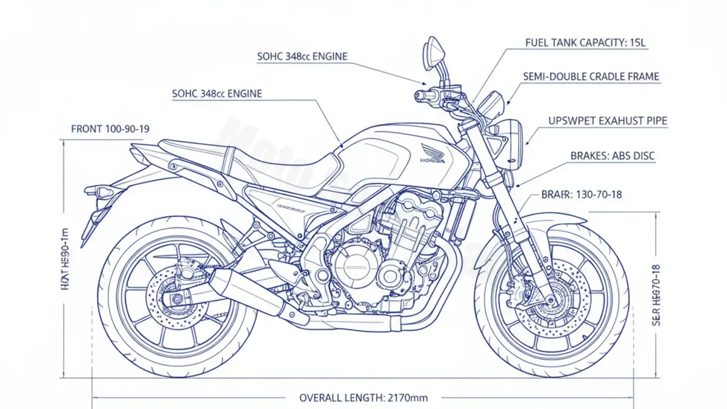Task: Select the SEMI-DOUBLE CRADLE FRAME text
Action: [x=591, y=77]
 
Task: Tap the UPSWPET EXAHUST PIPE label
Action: [x=608, y=121]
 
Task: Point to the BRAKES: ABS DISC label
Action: [x=612, y=156]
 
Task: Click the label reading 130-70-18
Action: [x=581, y=195]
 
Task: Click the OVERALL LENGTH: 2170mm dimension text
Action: [x=363, y=397]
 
